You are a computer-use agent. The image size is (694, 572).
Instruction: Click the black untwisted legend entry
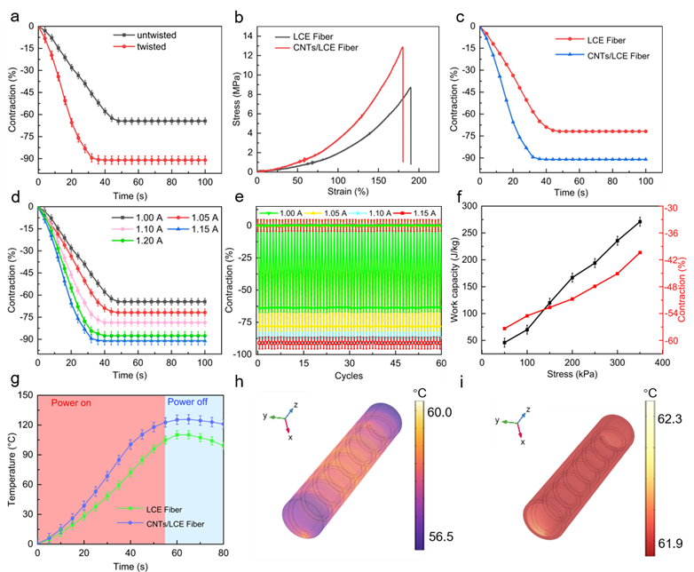coord(156,35)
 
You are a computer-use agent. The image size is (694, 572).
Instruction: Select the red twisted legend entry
coord(150,46)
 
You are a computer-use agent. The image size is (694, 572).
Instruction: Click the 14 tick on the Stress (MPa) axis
coord(248,35)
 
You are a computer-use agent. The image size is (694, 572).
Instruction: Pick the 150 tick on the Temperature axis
coord(24,395)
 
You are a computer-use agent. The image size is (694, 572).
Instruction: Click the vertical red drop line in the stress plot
coord(403,107)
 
